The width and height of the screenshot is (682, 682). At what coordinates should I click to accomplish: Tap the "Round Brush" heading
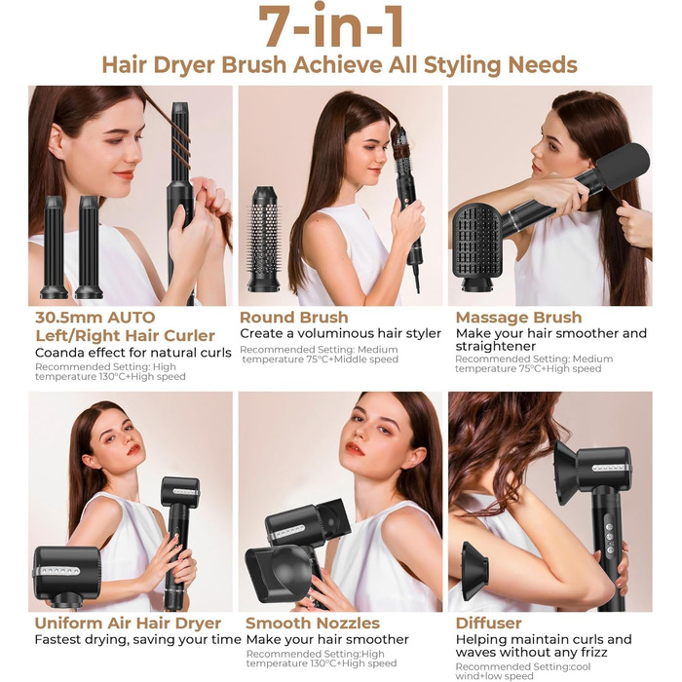[293, 317]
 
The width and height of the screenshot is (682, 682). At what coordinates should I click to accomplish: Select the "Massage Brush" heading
[518, 317]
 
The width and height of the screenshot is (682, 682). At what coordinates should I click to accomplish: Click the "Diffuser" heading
[488, 623]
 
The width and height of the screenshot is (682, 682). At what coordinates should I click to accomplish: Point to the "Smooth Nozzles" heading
[311, 623]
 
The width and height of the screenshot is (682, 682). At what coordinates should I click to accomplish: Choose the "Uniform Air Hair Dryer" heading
[128, 623]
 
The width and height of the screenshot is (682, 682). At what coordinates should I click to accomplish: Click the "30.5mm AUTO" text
[95, 317]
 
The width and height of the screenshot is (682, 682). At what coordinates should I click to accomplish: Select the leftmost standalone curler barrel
[54, 247]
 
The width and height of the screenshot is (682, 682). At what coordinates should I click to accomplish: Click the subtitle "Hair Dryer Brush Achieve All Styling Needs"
[340, 65]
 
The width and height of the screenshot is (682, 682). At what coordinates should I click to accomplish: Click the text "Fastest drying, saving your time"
[136, 640]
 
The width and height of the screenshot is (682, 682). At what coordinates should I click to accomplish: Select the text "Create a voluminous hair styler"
[340, 333]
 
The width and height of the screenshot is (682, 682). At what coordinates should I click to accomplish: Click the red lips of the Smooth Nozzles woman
[354, 449]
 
